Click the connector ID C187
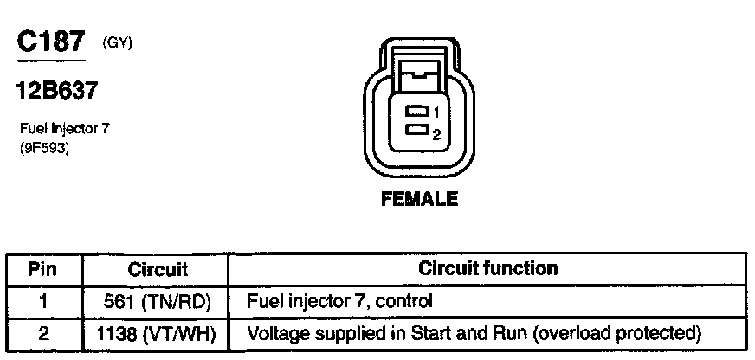[51, 43]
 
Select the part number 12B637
[55, 89]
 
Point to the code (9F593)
[45, 148]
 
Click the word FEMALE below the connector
[419, 200]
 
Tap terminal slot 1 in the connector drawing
[418, 112]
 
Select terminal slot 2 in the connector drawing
[418, 131]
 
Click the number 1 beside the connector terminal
[438, 113]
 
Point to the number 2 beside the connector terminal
[438, 134]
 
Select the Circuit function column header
[487, 269]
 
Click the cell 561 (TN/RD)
[158, 302]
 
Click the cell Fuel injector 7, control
[339, 302]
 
